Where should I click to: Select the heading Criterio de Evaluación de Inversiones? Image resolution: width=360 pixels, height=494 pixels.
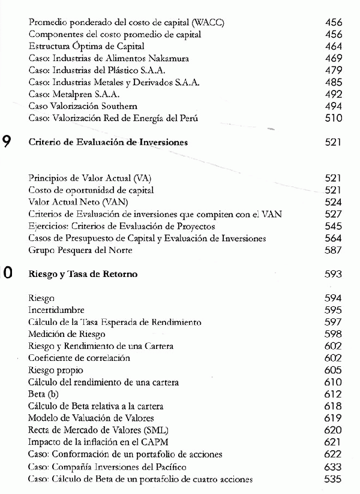(x=108, y=143)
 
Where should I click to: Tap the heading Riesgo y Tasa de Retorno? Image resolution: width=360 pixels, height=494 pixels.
(x=83, y=275)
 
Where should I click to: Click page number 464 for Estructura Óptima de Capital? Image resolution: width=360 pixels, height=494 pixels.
(x=333, y=46)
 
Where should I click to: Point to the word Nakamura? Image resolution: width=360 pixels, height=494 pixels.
(x=167, y=58)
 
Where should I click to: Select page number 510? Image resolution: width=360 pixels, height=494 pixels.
(x=333, y=118)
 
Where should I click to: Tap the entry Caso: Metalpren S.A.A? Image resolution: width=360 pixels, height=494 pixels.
(x=74, y=94)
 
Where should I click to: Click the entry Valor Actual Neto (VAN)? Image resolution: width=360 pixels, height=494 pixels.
(x=74, y=202)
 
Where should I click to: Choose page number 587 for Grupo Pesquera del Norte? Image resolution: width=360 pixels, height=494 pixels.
(x=333, y=250)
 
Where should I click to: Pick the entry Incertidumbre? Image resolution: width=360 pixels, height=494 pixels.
(x=57, y=310)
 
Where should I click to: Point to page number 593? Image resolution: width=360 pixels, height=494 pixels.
(x=333, y=275)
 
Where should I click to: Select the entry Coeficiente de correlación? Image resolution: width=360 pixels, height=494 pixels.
(x=79, y=358)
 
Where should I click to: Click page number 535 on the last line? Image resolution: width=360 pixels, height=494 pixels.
(x=333, y=479)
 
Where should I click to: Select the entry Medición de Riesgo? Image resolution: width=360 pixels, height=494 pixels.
(x=67, y=334)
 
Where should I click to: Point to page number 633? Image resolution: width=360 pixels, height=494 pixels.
(x=333, y=466)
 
